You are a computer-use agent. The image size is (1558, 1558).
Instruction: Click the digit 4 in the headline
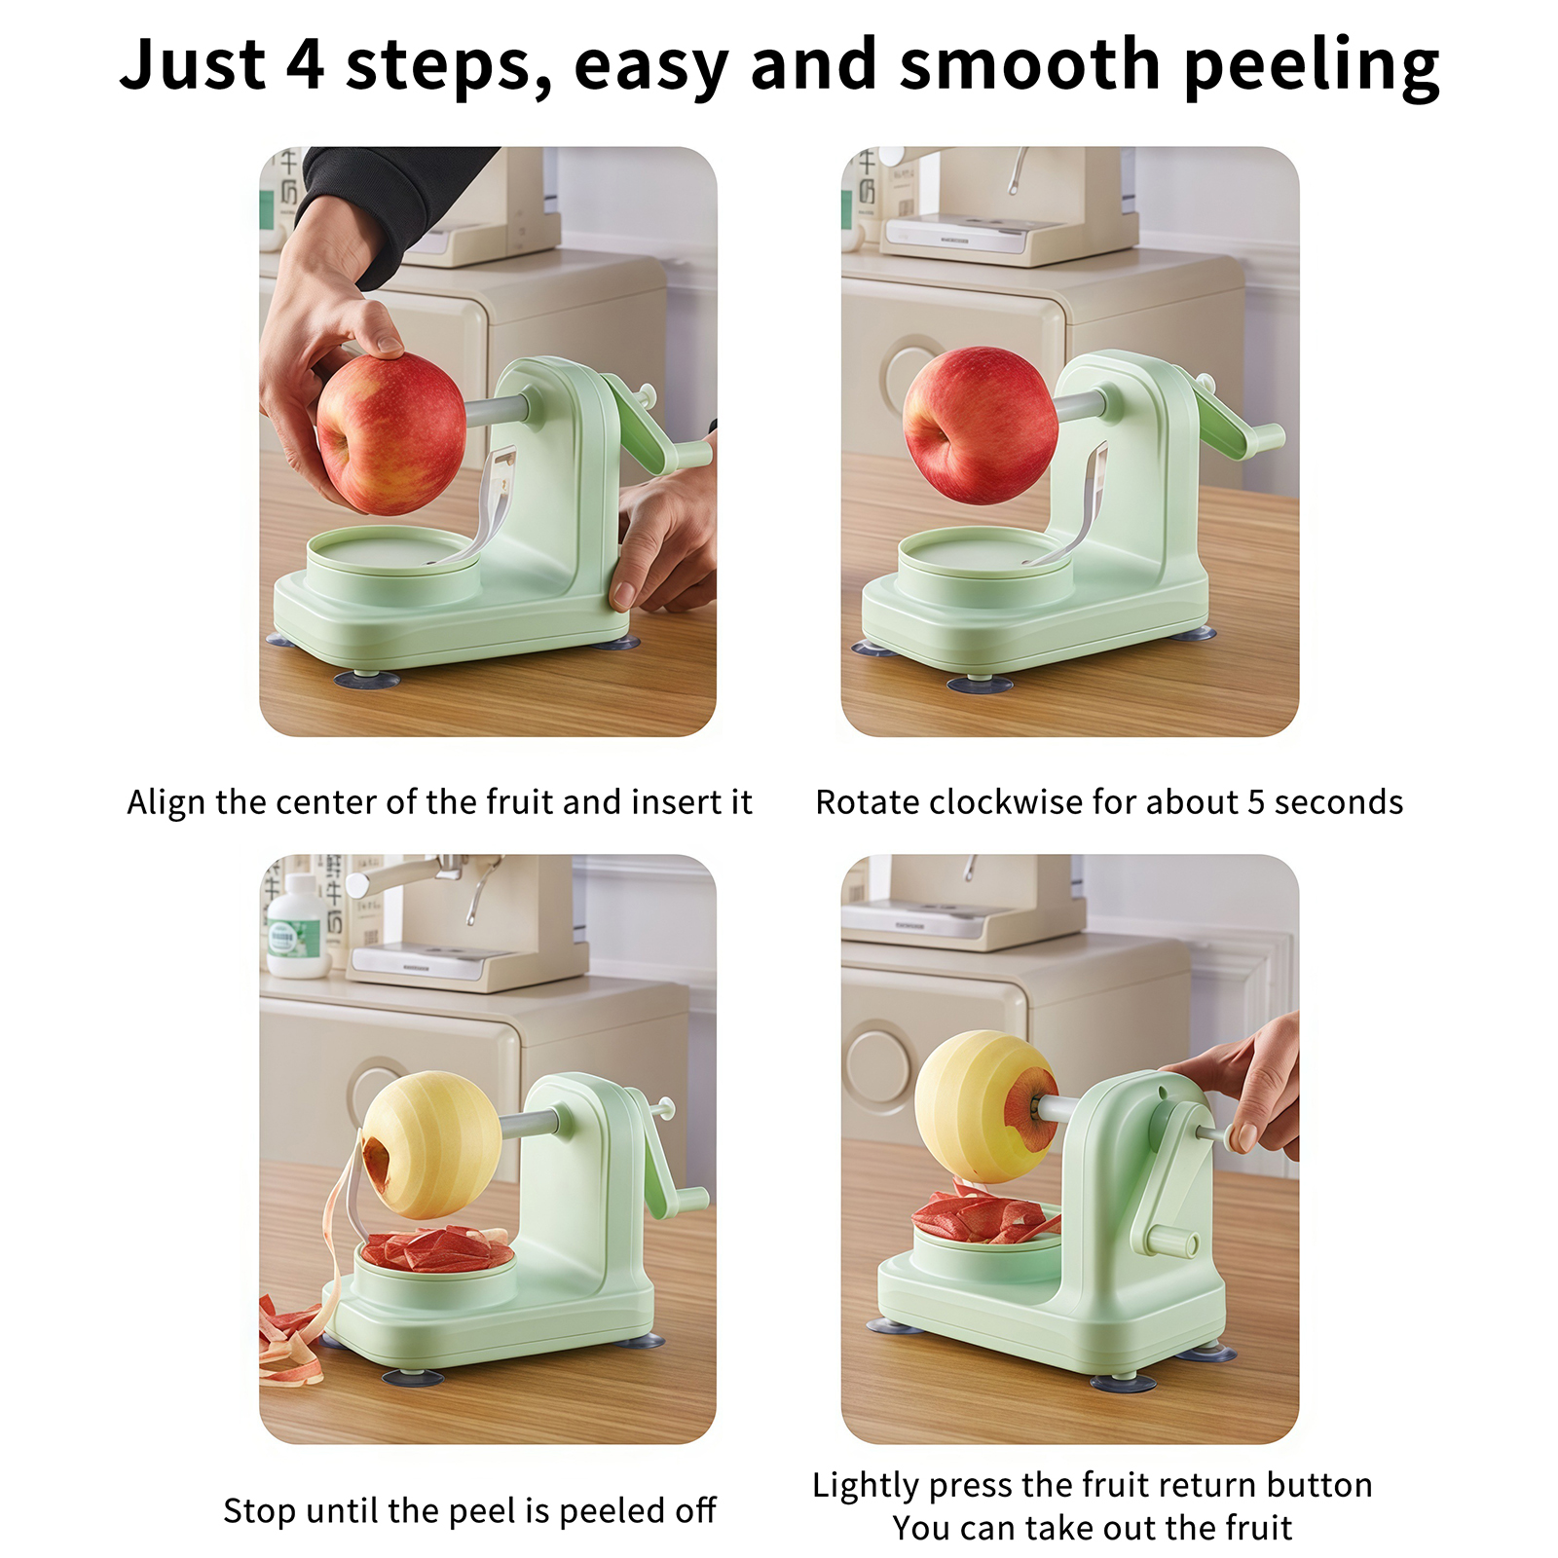[x=305, y=64]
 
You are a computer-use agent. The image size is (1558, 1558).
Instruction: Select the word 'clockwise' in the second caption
[x=1003, y=802]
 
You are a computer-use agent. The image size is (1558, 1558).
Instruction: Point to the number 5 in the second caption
[x=1256, y=803]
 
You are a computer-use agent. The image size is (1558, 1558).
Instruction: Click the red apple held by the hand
[x=391, y=433]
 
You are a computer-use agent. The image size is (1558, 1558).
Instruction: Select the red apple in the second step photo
[x=980, y=426]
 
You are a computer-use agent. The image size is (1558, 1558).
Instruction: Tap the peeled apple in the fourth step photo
[x=985, y=1106]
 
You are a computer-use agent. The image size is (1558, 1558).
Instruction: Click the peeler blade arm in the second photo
[x=1080, y=506]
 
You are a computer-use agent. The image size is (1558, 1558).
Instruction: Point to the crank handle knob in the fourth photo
[x=1172, y=1241]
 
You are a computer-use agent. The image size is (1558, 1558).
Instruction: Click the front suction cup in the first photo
[x=367, y=678]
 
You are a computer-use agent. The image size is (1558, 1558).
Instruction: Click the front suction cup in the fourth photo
[x=1123, y=1382]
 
